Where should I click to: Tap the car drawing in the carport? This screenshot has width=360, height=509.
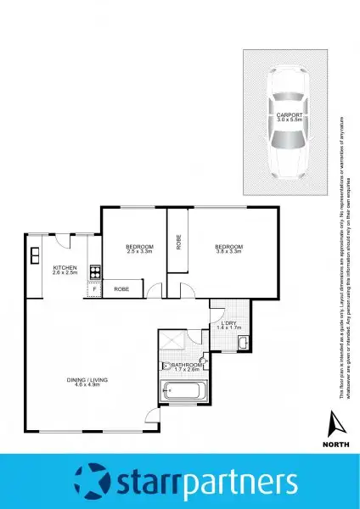click(289, 127)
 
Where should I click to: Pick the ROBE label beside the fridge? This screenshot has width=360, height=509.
click(121, 289)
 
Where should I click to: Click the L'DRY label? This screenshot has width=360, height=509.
click(230, 323)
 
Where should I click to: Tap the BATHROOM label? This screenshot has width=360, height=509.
click(186, 366)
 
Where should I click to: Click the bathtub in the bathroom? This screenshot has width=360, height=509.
click(183, 392)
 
